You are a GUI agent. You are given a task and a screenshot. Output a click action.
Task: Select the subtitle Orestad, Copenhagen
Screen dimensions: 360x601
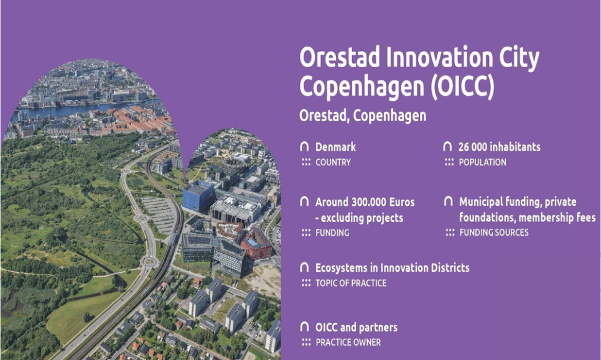[x=363, y=116]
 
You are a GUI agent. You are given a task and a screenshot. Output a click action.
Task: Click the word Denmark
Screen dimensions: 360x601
[x=336, y=147]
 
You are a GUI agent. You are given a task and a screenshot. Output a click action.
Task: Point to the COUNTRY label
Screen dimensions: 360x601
[x=333, y=162]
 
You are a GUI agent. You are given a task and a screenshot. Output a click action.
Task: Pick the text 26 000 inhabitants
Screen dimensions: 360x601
[x=499, y=147]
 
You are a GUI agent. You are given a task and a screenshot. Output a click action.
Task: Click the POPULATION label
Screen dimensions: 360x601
[x=482, y=162]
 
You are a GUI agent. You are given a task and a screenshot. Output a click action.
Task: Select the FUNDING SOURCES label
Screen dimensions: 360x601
[x=494, y=233]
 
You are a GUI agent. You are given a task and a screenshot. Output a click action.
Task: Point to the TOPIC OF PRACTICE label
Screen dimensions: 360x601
[x=351, y=283]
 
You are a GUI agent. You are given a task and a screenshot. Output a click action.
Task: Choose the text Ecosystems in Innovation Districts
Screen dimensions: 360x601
[x=392, y=268]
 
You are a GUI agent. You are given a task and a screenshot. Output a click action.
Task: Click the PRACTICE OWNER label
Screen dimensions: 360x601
[x=348, y=342]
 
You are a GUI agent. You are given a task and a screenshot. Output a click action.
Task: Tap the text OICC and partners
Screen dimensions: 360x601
[x=356, y=327]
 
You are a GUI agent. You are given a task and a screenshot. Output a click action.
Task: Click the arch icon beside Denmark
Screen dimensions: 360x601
[x=304, y=147]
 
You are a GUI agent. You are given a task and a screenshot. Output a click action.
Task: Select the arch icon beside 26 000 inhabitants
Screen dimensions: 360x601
[x=447, y=147]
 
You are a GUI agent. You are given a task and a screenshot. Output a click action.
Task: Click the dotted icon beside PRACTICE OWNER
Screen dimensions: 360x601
[x=305, y=342]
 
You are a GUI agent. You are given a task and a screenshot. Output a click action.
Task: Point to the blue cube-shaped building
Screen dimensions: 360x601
[x=198, y=196]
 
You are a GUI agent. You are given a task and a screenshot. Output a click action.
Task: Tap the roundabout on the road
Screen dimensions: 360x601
[x=148, y=261]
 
